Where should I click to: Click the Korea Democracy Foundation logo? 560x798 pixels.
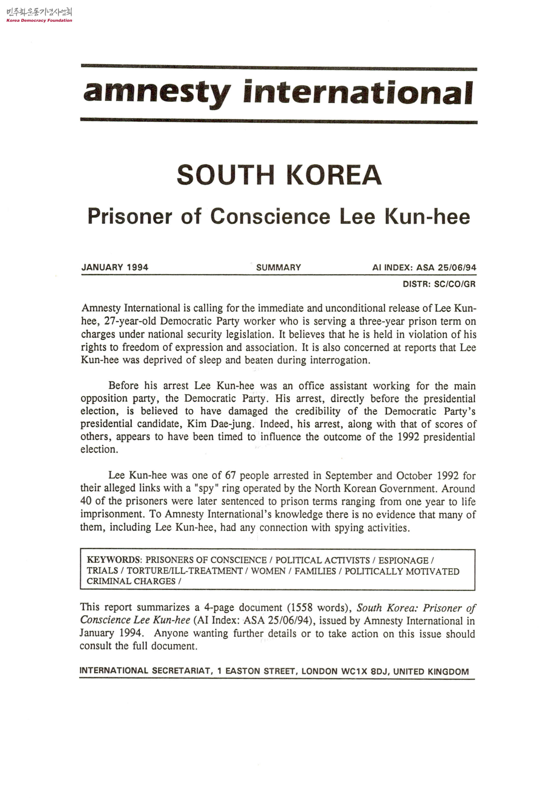[39, 15]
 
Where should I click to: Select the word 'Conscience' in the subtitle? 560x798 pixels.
[270, 217]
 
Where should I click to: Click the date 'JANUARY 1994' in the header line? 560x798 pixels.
[115, 267]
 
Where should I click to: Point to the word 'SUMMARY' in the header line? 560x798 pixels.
[279, 267]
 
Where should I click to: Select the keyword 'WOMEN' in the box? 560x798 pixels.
[268, 571]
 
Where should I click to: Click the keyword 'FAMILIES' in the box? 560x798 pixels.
[315, 571]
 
